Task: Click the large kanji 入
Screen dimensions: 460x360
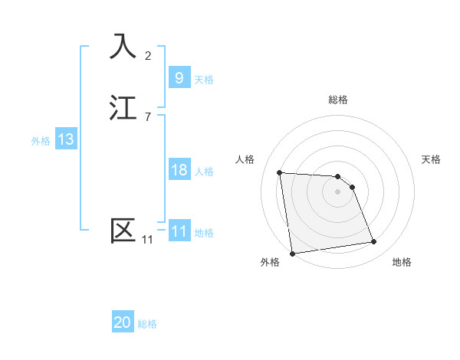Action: pyautogui.click(x=123, y=46)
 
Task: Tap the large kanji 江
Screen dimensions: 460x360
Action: pyautogui.click(x=123, y=107)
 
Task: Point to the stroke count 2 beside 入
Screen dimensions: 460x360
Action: pyautogui.click(x=147, y=55)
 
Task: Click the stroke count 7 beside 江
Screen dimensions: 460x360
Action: pyautogui.click(x=147, y=116)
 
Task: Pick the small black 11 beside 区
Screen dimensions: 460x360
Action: pyautogui.click(x=147, y=240)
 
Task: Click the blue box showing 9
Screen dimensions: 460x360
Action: pyautogui.click(x=179, y=77)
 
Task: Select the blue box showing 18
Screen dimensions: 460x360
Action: pyautogui.click(x=179, y=170)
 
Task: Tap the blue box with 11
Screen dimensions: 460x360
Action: pyautogui.click(x=179, y=231)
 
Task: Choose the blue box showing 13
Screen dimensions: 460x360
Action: pyautogui.click(x=65, y=139)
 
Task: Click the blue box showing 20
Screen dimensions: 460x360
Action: pyautogui.click(x=123, y=323)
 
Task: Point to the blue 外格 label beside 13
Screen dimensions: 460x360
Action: pyautogui.click(x=41, y=141)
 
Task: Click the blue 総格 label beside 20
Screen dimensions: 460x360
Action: pyautogui.click(x=147, y=325)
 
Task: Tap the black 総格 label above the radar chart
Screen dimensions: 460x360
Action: pyautogui.click(x=338, y=100)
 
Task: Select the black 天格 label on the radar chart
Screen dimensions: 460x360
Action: pyautogui.click(x=431, y=159)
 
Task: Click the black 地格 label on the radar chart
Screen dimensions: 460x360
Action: pyautogui.click(x=402, y=263)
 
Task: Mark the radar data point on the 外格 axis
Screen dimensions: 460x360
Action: pyautogui.click(x=292, y=253)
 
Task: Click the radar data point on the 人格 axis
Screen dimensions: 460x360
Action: pyautogui.click(x=280, y=172)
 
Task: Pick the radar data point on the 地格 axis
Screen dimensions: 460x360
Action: pyautogui.click(x=374, y=242)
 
